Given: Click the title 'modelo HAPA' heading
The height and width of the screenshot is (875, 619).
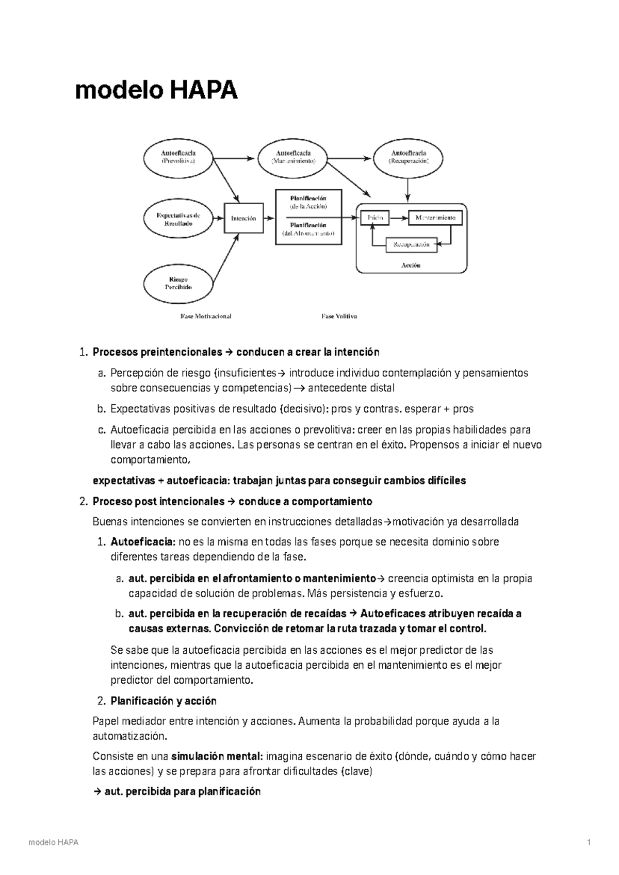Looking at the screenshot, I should click(156, 91).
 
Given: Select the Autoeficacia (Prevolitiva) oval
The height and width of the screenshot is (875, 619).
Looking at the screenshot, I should click(178, 156).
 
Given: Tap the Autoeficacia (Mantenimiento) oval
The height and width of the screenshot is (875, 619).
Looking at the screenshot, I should click(293, 156).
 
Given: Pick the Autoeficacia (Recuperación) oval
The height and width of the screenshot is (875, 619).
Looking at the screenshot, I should click(409, 156).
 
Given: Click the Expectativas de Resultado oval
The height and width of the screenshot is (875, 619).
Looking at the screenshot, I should click(178, 219).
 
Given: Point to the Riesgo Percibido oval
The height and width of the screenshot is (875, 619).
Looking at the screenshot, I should click(178, 283).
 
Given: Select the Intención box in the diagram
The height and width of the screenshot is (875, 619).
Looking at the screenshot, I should click(243, 218).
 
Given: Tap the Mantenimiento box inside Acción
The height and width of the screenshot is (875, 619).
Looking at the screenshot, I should click(435, 218).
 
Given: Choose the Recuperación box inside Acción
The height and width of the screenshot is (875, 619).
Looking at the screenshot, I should click(411, 244).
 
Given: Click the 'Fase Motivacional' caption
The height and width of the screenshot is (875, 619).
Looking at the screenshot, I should click(206, 316).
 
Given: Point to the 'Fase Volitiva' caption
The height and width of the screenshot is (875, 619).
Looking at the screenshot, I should click(339, 316).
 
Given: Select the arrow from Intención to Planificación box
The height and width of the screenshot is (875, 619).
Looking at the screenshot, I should click(269, 218).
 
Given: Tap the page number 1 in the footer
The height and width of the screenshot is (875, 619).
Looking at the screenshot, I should click(588, 843).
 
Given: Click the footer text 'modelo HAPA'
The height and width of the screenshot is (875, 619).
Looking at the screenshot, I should click(54, 843).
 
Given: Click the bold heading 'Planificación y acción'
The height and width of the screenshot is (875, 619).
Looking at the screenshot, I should click(164, 701).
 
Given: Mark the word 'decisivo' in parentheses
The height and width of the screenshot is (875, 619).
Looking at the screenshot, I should click(301, 409).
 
